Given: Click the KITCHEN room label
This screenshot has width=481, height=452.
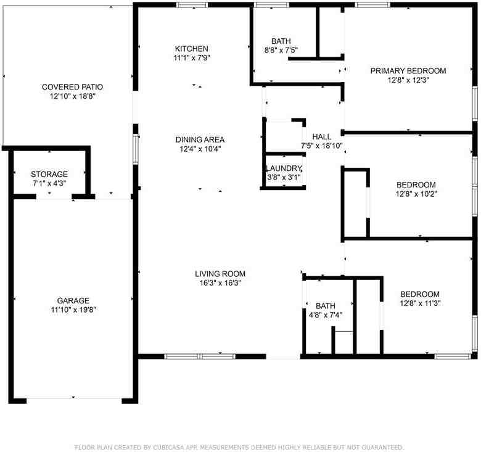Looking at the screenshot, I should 191,49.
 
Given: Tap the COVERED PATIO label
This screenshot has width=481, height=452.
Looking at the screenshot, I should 72,87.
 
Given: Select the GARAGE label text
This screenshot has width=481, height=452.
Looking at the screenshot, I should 73,300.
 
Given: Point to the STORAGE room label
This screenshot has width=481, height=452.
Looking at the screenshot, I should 49,175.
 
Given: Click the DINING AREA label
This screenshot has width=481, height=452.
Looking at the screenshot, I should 200,139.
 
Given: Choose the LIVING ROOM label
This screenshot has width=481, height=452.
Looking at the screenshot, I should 220,274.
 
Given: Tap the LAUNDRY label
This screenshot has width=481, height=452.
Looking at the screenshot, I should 284,169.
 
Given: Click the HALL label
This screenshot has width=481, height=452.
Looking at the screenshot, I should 322,137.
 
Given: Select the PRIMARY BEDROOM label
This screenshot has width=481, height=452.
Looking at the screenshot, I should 408,71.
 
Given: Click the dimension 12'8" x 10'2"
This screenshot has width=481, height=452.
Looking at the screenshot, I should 416,194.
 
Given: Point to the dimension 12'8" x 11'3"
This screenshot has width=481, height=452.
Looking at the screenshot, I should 420,303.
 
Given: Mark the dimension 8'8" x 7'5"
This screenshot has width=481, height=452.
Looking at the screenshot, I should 281,51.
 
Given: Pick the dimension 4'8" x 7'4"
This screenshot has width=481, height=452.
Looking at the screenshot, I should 325,314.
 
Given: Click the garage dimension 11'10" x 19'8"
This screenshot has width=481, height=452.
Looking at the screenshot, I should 73,310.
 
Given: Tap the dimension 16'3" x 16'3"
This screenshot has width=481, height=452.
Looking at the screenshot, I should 220,283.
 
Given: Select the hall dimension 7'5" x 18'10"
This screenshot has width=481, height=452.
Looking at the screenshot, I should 321,146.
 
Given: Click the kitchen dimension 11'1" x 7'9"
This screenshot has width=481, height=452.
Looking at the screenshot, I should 191,58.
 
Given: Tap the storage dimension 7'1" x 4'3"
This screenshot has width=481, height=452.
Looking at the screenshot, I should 49,184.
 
